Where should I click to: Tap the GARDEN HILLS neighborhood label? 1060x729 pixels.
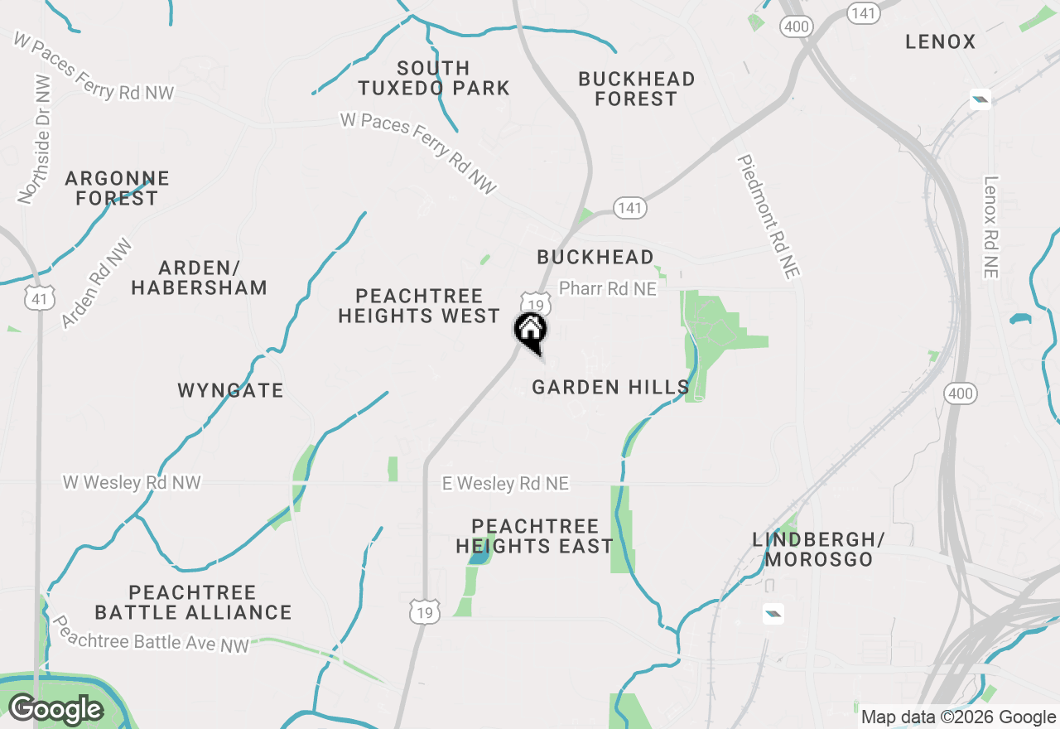point(610,387)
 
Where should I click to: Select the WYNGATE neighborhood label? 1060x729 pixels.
point(230,390)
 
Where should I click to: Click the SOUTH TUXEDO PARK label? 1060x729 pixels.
point(433,78)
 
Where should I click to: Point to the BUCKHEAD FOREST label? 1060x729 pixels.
point(636,89)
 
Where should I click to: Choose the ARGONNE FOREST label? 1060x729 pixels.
point(117,188)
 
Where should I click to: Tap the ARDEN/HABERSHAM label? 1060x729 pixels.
point(199,278)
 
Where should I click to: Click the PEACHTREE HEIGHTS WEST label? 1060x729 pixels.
point(419,306)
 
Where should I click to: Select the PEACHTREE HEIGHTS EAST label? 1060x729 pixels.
point(535,536)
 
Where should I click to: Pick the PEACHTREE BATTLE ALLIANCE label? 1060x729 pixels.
point(193,602)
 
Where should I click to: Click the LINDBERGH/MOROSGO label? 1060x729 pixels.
point(818,549)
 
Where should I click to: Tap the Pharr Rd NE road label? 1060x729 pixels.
point(607,288)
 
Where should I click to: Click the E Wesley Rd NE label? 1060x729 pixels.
point(505,484)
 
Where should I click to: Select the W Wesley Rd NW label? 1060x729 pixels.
point(132,482)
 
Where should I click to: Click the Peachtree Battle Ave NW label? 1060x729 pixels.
point(151,634)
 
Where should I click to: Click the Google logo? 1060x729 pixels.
point(55,710)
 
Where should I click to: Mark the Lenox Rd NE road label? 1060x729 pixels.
point(991,226)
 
